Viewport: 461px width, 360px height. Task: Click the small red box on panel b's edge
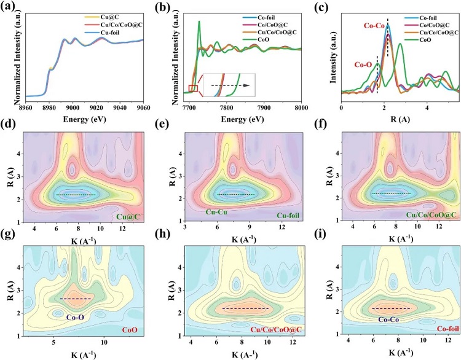pyautogui.click(x=193, y=88)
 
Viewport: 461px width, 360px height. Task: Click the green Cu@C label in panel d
pyautogui.click(x=130, y=215)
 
